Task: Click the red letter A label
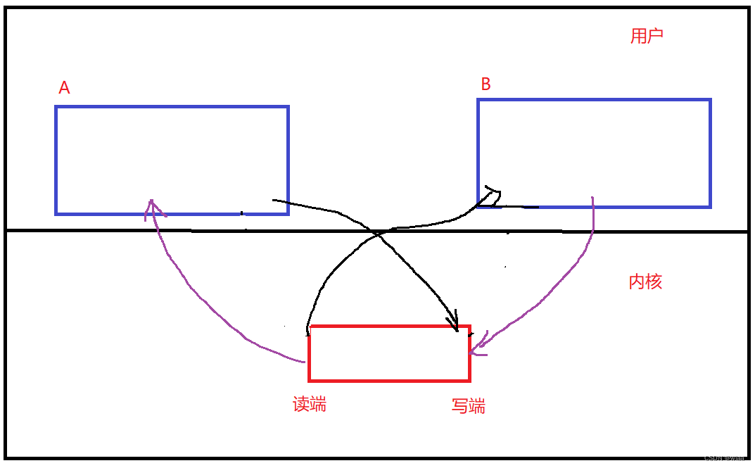[64, 88]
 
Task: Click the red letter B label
[486, 84]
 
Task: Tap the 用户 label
[647, 37]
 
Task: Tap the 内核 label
[645, 282]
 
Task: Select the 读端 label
[310, 404]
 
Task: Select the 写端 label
[468, 406]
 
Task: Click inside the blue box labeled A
[172, 160]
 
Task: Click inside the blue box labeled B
[594, 153]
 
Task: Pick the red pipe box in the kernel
[389, 353]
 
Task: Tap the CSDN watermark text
[724, 457]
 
